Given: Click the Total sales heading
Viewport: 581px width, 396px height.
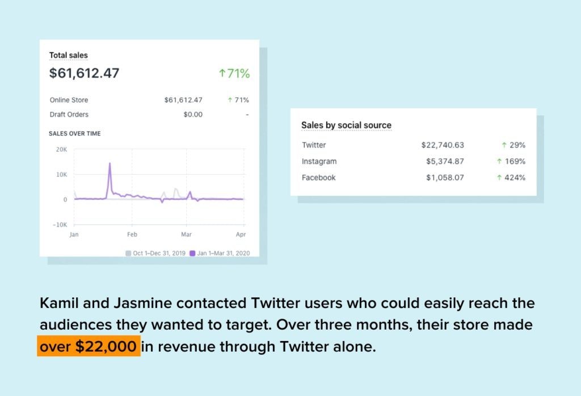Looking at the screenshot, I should pos(68,55).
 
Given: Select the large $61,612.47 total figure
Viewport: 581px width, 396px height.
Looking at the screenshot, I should pos(84,73).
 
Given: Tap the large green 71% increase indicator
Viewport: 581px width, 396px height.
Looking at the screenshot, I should pos(234,73).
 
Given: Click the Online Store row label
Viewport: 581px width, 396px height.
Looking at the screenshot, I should pos(69,100).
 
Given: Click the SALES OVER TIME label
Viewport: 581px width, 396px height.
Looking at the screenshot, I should pos(75,133).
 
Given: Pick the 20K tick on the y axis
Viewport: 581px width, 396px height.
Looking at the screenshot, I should pos(61,150).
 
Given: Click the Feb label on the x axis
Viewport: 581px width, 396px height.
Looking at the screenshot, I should pos(132,234).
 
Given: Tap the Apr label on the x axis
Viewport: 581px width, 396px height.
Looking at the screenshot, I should pos(241,234).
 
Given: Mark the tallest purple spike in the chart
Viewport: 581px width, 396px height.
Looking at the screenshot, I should pos(110,164).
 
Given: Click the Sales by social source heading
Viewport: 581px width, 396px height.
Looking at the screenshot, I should pos(346,125).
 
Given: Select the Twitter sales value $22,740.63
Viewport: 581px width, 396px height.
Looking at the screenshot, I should pos(443,145).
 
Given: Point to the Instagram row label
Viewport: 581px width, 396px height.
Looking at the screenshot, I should pos(319,162).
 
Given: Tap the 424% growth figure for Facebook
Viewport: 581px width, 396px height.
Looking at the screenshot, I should pos(511,178).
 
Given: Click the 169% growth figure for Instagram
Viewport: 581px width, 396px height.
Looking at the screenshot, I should pos(511,162).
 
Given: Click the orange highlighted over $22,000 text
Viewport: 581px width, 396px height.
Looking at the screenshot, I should pos(89,347).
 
